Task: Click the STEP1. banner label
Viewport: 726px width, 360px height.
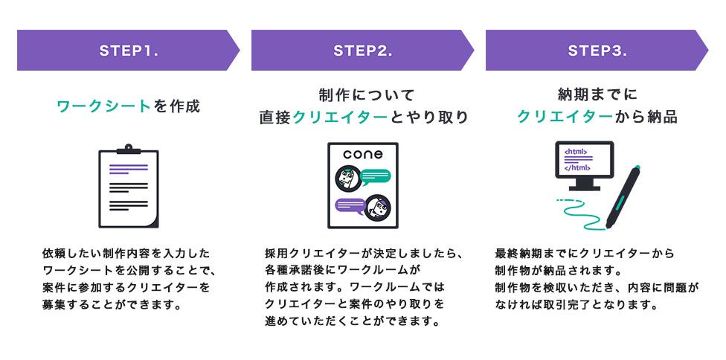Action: [x=129, y=51]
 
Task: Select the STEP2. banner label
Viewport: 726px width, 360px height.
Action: [x=362, y=51]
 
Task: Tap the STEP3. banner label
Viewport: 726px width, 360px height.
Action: [x=597, y=51]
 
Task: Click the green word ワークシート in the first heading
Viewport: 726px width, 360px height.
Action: [x=104, y=106]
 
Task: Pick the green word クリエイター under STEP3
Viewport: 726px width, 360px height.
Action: [x=566, y=118]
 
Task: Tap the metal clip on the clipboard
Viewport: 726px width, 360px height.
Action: [x=128, y=150]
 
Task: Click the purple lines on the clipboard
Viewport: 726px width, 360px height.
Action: [x=128, y=169]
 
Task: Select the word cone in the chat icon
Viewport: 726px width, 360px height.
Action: [x=363, y=155]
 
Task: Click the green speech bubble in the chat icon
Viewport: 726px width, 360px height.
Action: [x=376, y=176]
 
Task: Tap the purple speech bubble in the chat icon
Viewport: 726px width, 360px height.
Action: [x=350, y=205]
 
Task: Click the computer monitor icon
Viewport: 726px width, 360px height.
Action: [x=584, y=165]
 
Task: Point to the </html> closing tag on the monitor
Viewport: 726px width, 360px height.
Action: [x=577, y=167]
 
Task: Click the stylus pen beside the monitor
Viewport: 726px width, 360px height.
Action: [x=623, y=197]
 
